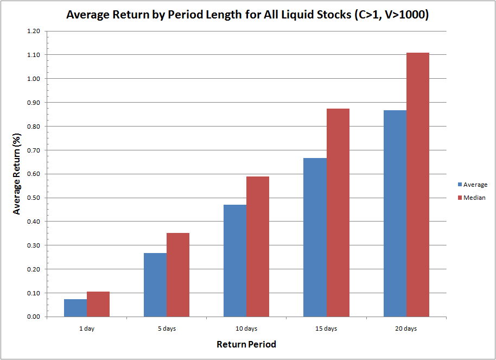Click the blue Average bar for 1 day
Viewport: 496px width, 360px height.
75,308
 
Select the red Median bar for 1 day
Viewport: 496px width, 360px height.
98,304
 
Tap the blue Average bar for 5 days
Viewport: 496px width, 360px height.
155,285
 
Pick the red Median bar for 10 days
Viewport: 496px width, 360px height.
258,247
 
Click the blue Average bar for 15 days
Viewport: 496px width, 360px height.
315,237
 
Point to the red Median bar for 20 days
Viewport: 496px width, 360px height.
418,185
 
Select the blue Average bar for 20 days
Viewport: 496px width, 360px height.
395,213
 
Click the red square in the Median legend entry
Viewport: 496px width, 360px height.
459,198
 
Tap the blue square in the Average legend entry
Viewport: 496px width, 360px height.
459,185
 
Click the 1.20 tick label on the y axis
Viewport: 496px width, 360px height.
33,31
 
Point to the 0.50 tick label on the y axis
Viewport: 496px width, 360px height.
33,198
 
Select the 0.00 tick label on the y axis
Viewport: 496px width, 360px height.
33,317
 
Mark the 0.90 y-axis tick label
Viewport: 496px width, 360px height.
33,103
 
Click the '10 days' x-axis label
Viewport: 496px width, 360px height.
246,329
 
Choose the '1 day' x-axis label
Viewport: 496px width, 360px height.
87,329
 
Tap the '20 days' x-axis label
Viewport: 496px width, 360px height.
406,329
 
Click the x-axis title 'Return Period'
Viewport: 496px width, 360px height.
246,344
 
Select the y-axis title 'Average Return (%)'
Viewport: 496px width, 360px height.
17,174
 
